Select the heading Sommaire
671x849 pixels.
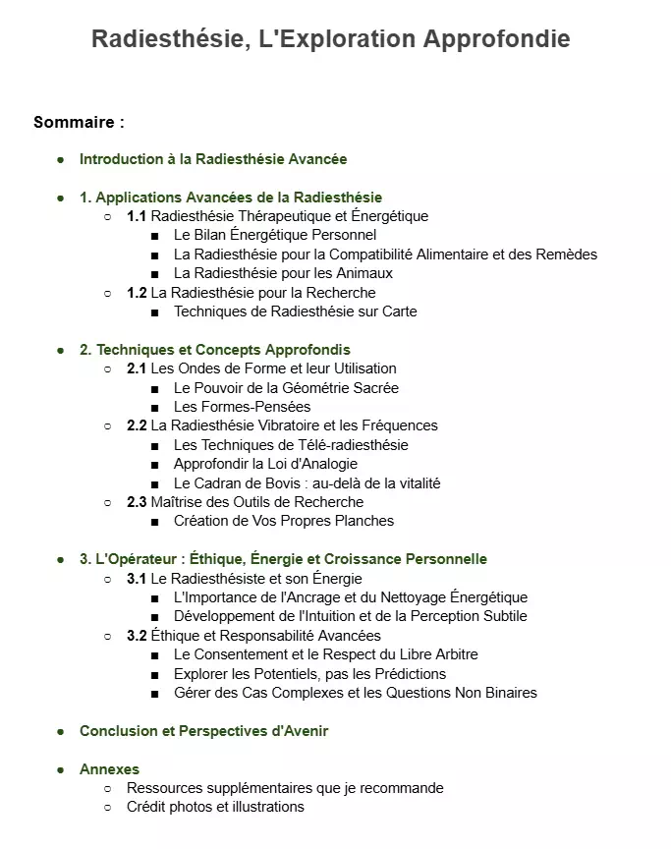[x=79, y=123]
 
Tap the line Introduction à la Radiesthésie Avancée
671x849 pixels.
[x=213, y=158]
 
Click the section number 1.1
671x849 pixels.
[x=137, y=216]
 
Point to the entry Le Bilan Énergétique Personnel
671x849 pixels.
[x=275, y=235]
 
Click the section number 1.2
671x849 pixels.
[x=137, y=293]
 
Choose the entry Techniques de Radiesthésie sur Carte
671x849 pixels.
[x=295, y=311]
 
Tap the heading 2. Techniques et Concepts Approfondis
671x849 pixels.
[x=215, y=350]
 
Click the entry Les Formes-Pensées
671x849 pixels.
[x=242, y=407]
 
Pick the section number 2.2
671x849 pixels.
[x=137, y=425]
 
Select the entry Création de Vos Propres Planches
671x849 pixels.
[x=284, y=521]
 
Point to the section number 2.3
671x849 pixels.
[x=137, y=502]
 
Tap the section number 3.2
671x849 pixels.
[x=137, y=636]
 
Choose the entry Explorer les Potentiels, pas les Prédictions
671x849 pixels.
[x=309, y=674]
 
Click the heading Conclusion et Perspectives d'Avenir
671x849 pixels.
[x=204, y=731]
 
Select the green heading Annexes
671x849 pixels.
[x=109, y=769]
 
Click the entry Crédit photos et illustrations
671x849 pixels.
[x=215, y=807]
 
